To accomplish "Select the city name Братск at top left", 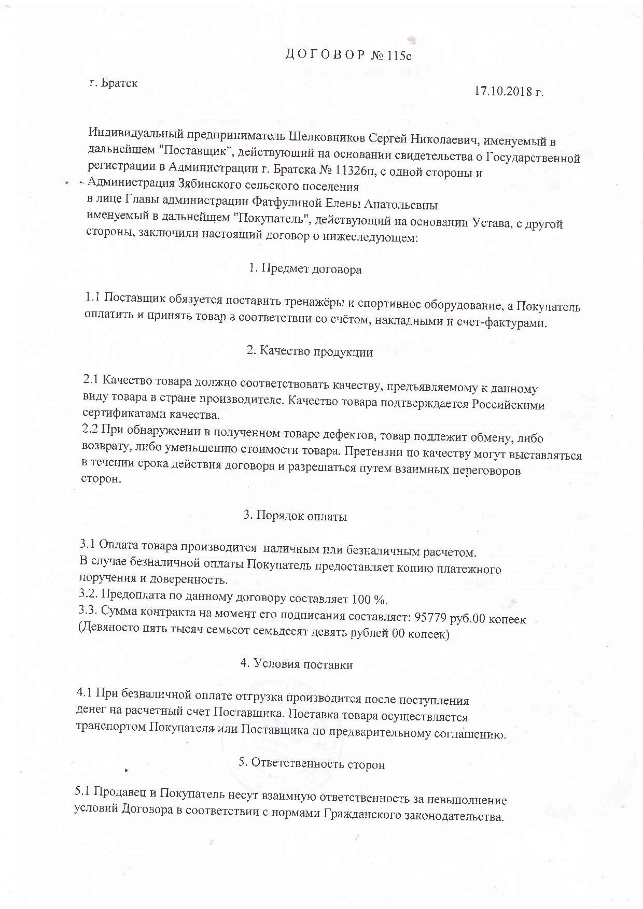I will (x=119, y=83).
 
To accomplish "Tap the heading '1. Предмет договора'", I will (x=305, y=269).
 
